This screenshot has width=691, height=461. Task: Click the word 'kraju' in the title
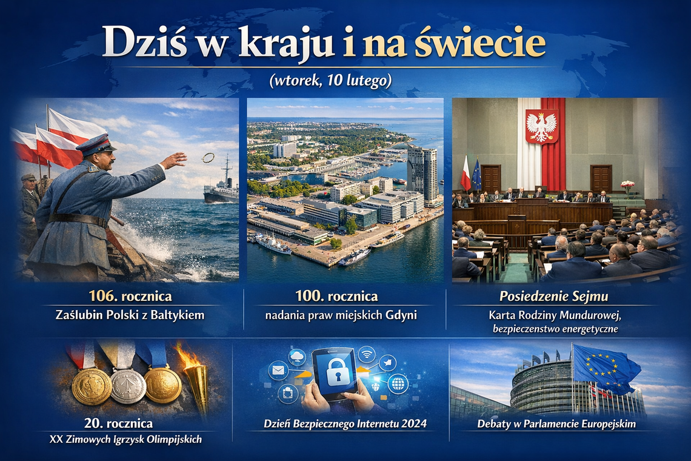point(285,43)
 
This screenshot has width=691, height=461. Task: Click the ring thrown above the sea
point(208,158)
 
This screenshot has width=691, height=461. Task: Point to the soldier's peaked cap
point(95,145)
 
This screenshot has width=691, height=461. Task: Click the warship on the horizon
point(221,186)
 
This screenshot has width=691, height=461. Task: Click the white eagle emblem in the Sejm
point(541,127)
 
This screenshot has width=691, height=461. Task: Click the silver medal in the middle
point(128,385)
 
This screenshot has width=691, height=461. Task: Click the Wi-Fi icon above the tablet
point(367,354)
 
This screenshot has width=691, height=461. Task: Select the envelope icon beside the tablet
point(278,369)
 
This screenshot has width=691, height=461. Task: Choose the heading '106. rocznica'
point(130,297)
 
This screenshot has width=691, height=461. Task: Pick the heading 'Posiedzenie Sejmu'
point(554,297)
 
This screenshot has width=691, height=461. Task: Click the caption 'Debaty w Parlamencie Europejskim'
point(556,424)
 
